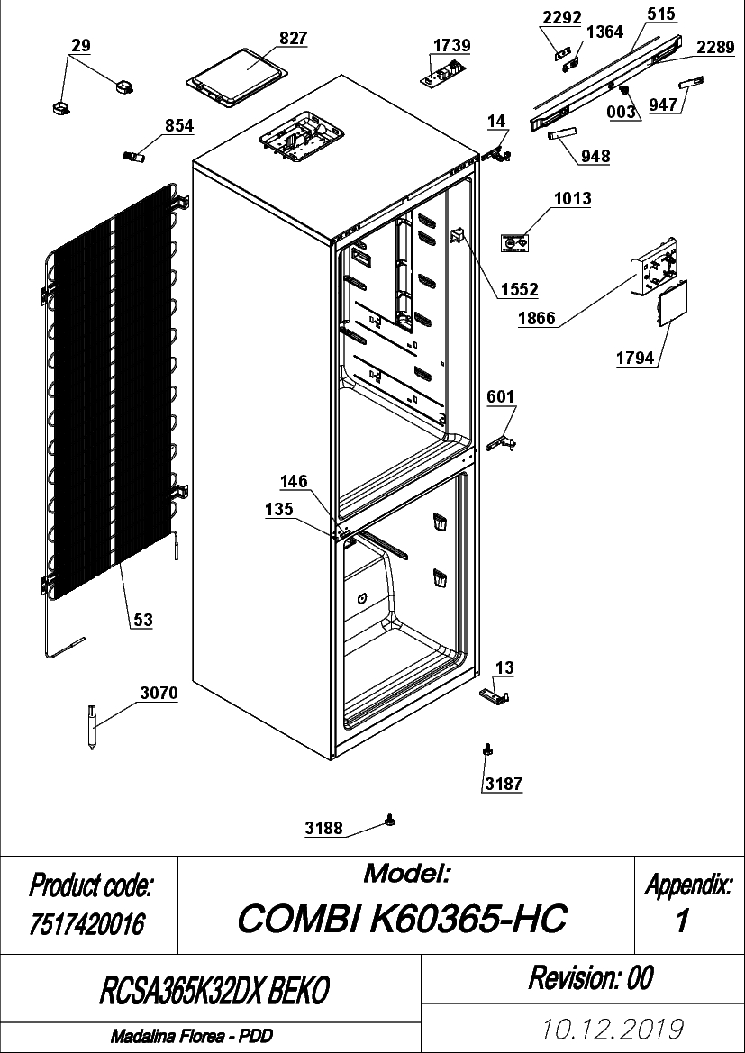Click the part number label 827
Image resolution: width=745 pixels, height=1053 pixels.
[293, 38]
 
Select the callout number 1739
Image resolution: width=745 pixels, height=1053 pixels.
[451, 46]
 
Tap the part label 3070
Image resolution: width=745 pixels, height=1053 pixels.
[159, 693]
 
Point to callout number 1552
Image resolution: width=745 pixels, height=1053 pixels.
[519, 289]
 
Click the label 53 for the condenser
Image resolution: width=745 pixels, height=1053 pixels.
[142, 622]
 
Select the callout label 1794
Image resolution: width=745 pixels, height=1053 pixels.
[635, 358]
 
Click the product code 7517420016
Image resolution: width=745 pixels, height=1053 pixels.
[87, 926]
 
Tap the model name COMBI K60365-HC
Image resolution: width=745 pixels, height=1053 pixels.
[403, 918]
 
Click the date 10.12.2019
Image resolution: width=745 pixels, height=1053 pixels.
[614, 1028]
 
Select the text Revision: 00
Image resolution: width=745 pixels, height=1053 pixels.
[590, 977]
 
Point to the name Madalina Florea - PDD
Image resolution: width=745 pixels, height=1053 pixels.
[192, 1036]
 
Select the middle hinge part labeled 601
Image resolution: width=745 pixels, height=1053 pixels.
[504, 442]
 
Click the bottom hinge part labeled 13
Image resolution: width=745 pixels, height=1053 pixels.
[495, 695]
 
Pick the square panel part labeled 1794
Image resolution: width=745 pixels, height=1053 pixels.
[672, 304]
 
